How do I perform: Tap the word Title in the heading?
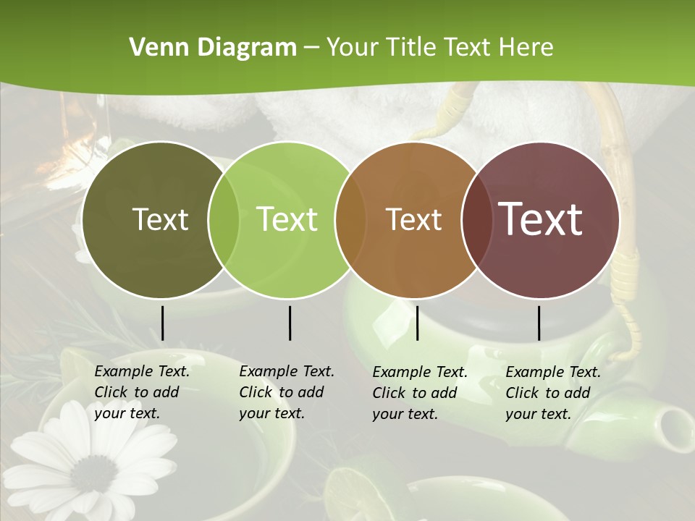pos(412,48)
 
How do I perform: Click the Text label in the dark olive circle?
pos(160,219)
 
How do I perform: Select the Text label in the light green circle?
pos(287,219)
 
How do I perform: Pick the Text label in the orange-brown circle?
pos(413,219)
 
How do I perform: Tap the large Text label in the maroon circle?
pos(540,219)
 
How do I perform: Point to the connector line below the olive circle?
pos(162,323)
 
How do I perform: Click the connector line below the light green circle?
pos(290,323)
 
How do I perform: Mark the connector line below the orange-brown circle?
pos(417,323)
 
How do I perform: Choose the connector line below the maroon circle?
pos(539,323)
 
